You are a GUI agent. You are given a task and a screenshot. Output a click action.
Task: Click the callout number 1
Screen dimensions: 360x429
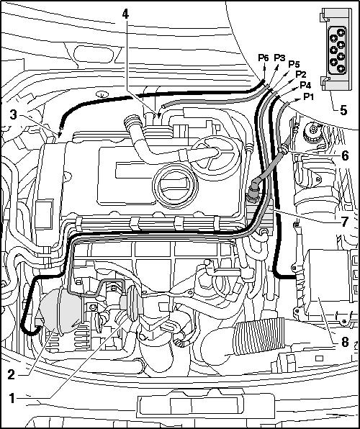12,398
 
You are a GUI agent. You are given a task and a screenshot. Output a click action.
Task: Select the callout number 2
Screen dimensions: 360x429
12,374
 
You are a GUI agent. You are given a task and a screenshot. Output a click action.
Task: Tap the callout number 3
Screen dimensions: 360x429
13,115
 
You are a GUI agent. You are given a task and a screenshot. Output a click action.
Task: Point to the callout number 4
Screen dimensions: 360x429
125,14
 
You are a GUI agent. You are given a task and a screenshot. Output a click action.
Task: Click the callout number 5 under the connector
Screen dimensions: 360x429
343,110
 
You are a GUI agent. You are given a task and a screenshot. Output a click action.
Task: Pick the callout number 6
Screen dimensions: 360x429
345,156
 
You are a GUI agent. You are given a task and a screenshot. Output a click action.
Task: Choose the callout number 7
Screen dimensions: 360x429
344,222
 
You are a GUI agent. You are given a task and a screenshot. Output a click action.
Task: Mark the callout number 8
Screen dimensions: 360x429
344,341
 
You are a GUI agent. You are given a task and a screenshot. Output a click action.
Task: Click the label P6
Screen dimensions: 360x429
264,58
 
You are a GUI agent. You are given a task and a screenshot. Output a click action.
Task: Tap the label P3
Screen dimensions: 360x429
279,58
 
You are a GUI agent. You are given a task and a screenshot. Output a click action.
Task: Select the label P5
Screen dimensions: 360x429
294,64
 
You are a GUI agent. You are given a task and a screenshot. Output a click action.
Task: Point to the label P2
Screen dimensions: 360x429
300,74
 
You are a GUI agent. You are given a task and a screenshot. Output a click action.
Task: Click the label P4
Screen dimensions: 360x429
305,85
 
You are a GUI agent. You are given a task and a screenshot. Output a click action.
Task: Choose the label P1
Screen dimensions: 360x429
309,96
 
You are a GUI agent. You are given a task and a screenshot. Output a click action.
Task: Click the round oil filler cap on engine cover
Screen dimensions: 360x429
175,186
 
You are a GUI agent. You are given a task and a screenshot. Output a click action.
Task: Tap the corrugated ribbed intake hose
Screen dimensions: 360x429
258,336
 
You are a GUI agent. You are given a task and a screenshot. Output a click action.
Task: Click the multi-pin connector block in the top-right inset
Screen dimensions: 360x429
336,49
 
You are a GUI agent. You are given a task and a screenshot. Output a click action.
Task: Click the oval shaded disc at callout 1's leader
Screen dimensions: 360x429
134,303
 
